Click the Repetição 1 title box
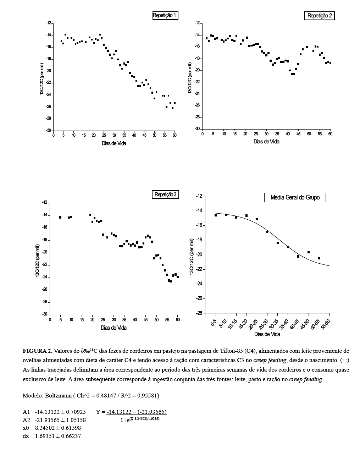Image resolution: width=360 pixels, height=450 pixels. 165,15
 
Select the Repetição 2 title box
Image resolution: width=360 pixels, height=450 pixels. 319,16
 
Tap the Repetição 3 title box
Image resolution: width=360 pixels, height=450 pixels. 165,194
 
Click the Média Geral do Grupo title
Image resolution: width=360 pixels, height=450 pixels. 295,197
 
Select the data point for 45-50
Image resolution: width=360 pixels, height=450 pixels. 309,252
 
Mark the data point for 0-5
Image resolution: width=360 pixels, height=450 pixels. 216,215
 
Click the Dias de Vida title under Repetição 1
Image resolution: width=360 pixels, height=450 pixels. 113,143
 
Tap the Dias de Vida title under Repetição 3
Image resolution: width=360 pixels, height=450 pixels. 113,328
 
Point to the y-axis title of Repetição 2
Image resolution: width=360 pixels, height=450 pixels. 190,78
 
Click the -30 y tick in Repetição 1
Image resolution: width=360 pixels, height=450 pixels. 48,130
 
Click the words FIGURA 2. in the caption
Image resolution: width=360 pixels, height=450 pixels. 37,351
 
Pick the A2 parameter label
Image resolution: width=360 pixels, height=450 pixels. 26,420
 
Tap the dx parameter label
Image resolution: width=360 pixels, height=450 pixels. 26,436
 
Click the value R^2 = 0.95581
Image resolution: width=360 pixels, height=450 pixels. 137,395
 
